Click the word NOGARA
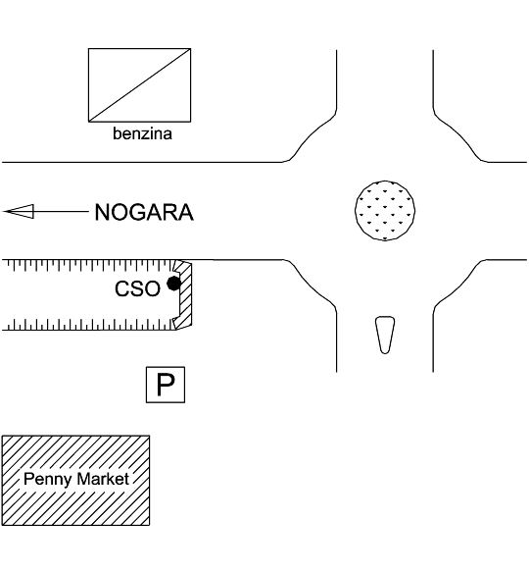tap(144, 212)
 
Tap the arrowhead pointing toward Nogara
tap(19, 212)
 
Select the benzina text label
tap(142, 133)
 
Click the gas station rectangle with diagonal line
tap(139, 85)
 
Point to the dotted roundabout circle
tap(385, 211)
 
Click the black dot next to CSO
tap(173, 284)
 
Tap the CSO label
tap(137, 288)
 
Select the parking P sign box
tap(166, 385)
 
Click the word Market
tap(103, 479)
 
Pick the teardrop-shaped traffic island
tap(385, 335)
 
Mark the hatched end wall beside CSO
tap(185, 295)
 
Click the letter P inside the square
tap(166, 385)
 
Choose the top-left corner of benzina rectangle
tap(88, 49)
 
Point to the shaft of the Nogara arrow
tap(61, 212)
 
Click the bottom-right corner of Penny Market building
tap(149, 525)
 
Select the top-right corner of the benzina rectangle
tap(191, 49)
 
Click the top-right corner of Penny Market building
tap(149, 436)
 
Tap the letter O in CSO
tap(152, 288)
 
